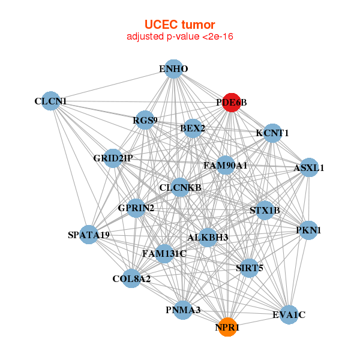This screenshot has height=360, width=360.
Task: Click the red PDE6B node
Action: [x=231, y=103]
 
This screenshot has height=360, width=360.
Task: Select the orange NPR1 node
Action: [x=227, y=328]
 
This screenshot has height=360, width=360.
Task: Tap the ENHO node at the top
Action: [x=173, y=69]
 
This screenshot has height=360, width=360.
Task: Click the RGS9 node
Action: [x=145, y=120]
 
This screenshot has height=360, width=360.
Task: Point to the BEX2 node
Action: [x=193, y=128]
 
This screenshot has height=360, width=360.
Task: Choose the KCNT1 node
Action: [x=272, y=133]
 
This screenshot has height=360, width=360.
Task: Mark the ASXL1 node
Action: [x=308, y=168]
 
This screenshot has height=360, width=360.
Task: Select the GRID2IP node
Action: [x=113, y=158]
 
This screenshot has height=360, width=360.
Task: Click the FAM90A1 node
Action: [x=226, y=165]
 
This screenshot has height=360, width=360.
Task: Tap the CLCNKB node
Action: [x=180, y=188]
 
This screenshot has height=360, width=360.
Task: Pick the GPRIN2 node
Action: [x=136, y=208]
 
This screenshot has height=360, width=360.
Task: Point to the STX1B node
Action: [x=265, y=210]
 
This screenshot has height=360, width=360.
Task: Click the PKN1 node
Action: [x=308, y=230]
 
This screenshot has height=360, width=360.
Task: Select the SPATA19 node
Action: [x=89, y=235]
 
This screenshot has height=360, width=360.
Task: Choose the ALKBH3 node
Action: [x=208, y=237]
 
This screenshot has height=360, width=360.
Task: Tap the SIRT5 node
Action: [x=250, y=268]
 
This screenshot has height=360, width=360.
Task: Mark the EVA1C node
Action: [x=289, y=314]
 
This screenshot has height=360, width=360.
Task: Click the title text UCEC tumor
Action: [x=179, y=25]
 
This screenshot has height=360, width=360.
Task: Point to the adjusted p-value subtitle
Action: [x=179, y=37]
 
